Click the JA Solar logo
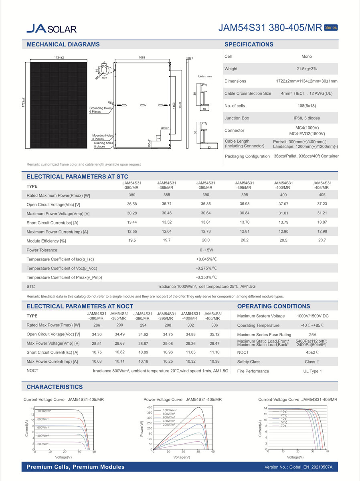(x=51, y=28)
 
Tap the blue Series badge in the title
(x=331, y=28)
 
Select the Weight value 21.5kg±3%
(x=307, y=69)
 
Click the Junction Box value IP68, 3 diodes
(x=307, y=118)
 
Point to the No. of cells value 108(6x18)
(x=307, y=106)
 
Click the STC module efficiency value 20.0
(x=206, y=240)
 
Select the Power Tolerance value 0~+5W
(x=206, y=250)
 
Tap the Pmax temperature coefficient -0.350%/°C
(x=206, y=277)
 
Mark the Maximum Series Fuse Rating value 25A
(x=312, y=334)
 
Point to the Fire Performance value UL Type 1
(x=312, y=371)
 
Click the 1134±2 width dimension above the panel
(x=59, y=58)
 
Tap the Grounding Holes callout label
(x=100, y=110)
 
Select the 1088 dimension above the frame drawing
(x=142, y=58)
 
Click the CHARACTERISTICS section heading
(x=55, y=387)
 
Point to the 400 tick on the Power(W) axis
(x=150, y=408)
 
